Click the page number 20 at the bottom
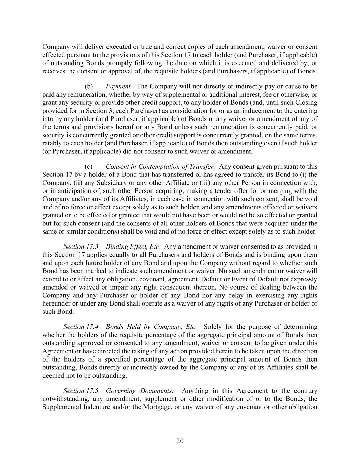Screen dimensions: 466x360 (x=180, y=441)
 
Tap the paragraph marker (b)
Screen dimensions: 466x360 (x=89, y=86)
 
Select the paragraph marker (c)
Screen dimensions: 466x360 (x=89, y=167)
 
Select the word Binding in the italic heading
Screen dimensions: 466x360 (x=116, y=247)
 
